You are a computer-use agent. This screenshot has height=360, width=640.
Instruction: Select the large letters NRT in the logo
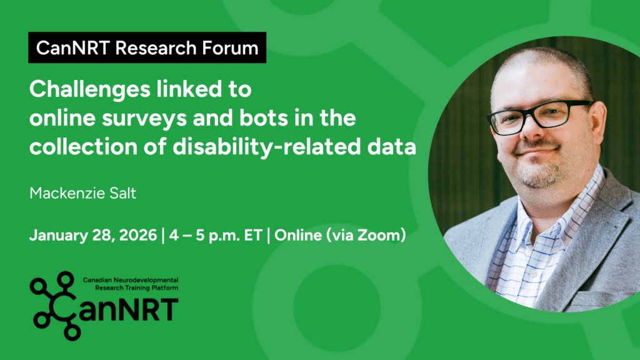147,310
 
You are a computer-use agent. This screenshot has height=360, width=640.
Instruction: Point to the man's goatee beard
538,174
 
